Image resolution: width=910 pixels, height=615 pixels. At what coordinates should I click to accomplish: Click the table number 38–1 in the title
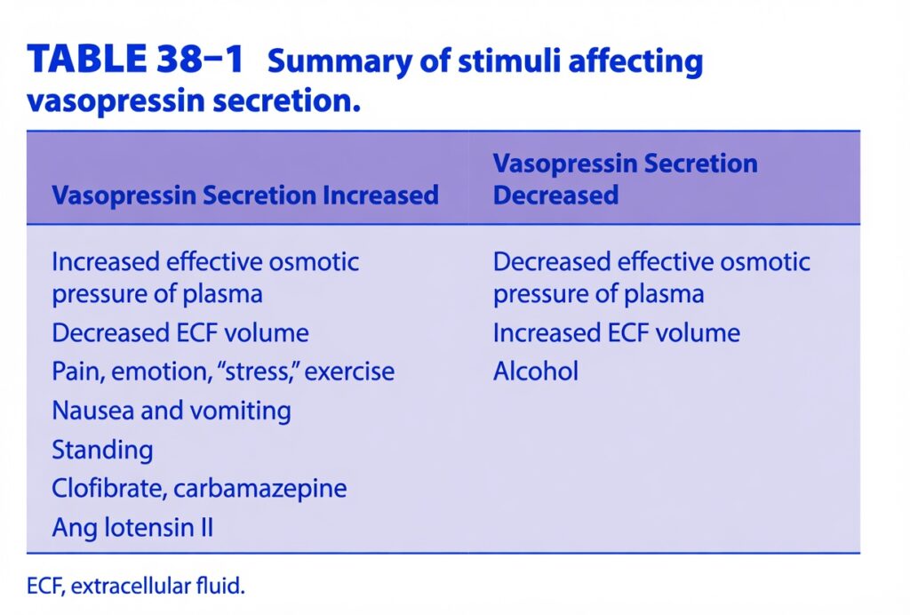[199, 59]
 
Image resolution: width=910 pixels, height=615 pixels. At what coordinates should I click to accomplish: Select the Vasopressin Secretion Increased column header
[245, 195]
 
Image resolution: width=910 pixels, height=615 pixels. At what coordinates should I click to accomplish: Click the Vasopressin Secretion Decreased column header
[625, 179]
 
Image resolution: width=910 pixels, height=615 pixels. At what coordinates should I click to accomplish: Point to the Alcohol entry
[536, 371]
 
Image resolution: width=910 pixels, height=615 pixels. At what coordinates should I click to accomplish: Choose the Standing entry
[103, 451]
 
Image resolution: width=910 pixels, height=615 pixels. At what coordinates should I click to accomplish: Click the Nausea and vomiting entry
[172, 411]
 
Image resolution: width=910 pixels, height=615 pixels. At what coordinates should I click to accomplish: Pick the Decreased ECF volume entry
[180, 333]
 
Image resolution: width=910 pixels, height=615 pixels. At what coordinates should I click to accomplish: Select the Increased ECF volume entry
[617, 333]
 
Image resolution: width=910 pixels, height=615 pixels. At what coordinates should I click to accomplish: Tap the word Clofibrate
[109, 488]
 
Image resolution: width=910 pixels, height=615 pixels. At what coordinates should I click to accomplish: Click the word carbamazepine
[260, 489]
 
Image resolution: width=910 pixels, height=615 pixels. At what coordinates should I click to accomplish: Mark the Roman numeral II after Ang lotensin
[205, 527]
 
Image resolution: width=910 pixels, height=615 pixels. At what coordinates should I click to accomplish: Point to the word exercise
[349, 371]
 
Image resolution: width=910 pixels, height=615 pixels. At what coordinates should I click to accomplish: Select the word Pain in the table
[78, 371]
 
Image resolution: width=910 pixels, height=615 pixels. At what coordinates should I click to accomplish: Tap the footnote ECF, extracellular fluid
[136, 586]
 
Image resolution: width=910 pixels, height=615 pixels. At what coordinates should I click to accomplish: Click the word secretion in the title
[286, 101]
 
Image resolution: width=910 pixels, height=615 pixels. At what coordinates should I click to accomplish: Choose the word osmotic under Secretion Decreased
[765, 261]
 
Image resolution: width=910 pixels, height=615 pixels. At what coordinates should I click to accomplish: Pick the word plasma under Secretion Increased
[222, 295]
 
